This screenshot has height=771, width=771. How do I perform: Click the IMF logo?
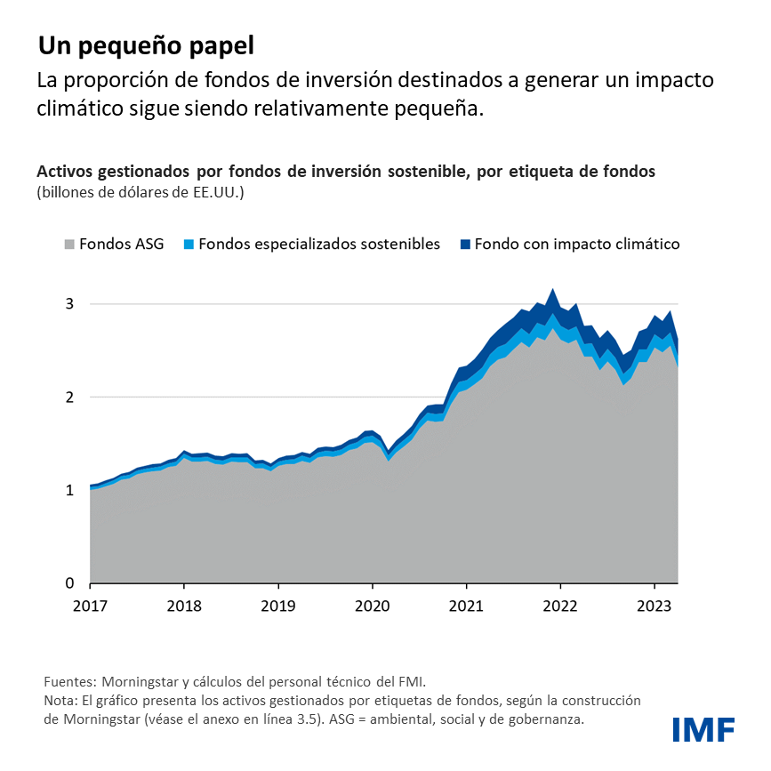703,729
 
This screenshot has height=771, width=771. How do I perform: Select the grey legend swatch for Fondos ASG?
68,244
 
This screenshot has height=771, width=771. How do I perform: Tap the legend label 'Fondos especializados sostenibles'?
319,244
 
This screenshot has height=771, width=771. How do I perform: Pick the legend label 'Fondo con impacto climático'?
577,244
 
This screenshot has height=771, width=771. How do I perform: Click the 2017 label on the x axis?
90,605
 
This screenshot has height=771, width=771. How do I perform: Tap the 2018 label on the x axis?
184,605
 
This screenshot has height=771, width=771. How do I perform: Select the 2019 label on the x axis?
278,605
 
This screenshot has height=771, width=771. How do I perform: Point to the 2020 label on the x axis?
373,605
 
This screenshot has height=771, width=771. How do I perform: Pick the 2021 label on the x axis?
467,605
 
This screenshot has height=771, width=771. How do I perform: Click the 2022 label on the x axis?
561,605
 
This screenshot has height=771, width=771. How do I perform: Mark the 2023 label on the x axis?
655,605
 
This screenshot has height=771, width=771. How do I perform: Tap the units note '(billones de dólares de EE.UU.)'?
140,192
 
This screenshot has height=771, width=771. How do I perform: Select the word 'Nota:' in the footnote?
60,701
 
